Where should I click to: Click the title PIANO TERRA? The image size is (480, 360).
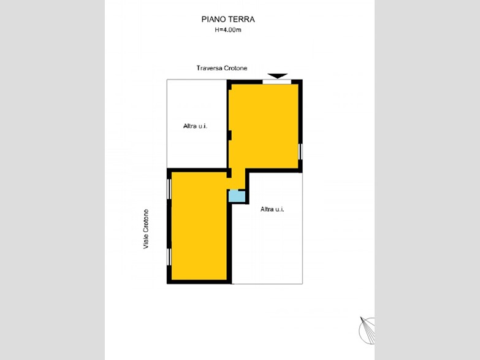228,19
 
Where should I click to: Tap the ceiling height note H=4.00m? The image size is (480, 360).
228,30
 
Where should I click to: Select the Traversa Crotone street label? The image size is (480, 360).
222,68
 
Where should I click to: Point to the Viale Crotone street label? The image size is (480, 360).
146,229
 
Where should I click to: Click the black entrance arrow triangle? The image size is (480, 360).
277,75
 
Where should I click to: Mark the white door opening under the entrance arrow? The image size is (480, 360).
276,82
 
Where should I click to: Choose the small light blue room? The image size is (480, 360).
237,196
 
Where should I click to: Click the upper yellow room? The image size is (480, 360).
264,126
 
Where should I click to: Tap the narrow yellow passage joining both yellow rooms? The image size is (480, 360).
238,178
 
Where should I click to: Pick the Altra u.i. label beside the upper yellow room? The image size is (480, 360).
196,126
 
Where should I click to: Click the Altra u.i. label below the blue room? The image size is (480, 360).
272,209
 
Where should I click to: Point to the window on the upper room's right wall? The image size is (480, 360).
300,151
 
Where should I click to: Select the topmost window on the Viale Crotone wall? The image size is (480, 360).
169,189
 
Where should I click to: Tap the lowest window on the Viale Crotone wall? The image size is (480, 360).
169,257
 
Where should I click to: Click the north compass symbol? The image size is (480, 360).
367,331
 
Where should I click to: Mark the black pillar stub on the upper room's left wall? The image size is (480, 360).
230,136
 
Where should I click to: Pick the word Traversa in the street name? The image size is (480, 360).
209,68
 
